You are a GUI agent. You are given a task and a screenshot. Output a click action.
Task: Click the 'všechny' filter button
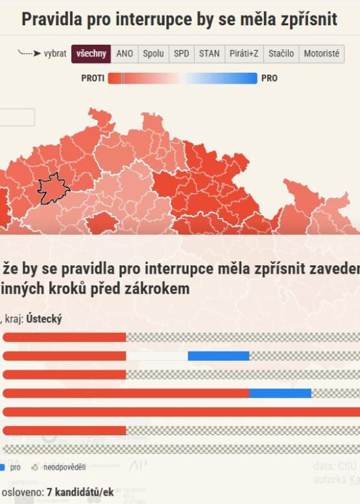pyautogui.click(x=91, y=54)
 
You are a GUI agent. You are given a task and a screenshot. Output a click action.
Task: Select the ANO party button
pyautogui.click(x=125, y=54)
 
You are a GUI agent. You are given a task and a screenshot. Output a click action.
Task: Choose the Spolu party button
pyautogui.click(x=154, y=54)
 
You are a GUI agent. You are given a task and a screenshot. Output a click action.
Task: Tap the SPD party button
pyautogui.click(x=182, y=54)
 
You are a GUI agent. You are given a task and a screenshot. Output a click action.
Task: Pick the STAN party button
pyautogui.click(x=210, y=54)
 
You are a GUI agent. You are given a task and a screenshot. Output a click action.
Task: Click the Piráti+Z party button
pyautogui.click(x=244, y=54)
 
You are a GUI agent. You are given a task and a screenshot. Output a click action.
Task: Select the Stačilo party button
pyautogui.click(x=281, y=54)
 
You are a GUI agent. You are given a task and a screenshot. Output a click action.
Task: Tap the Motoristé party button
pyautogui.click(x=322, y=54)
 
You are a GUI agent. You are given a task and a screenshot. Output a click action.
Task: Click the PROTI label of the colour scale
pyautogui.click(x=93, y=78)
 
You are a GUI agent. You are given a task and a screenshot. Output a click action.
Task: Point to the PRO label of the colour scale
pyautogui.click(x=269, y=78)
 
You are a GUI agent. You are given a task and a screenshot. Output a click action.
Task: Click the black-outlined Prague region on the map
pyautogui.click(x=53, y=188)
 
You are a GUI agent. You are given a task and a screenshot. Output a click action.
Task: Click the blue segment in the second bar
pyautogui.click(x=219, y=355)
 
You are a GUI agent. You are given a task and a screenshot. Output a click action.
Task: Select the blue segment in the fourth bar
pyautogui.click(x=280, y=393)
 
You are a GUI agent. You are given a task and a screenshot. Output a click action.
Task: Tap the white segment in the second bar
pyautogui.click(x=156, y=355)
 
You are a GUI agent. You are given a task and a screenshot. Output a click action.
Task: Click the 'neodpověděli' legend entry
pyautogui.click(x=66, y=467)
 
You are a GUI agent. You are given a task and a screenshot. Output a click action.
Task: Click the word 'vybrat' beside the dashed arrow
pyautogui.click(x=55, y=54)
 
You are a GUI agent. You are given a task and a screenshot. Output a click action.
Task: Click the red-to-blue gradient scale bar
pyautogui.click(x=182, y=78)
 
